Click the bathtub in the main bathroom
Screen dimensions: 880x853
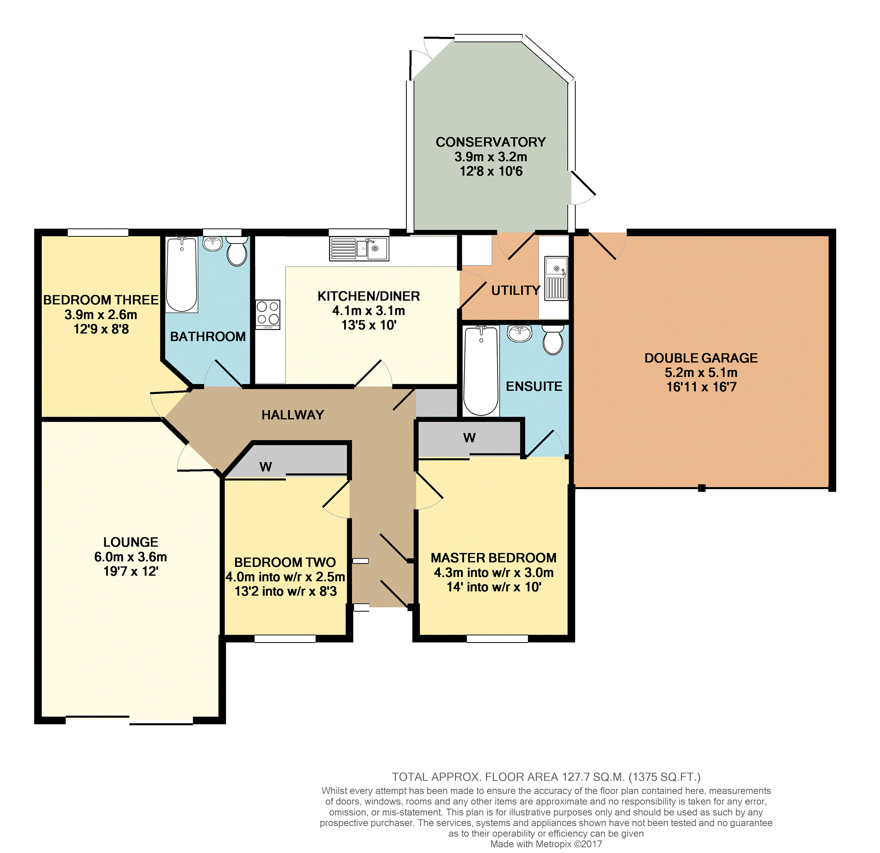click(x=182, y=275)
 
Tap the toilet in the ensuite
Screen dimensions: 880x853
click(x=553, y=340)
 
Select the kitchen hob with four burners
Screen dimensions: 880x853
click(x=268, y=314)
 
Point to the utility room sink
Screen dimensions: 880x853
click(x=556, y=278)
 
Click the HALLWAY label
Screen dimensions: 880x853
click(x=293, y=415)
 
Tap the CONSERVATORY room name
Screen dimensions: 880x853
click(x=491, y=142)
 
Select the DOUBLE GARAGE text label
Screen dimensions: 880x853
click(x=701, y=357)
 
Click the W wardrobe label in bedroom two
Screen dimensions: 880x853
click(x=266, y=466)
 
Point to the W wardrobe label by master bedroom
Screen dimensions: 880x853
click(x=469, y=437)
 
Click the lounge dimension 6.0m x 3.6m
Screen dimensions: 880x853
click(x=131, y=556)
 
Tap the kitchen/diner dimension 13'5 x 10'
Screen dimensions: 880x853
click(x=369, y=325)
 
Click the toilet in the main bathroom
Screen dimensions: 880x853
click(x=236, y=252)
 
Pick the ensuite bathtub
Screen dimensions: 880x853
click(x=481, y=371)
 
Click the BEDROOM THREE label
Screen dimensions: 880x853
click(x=101, y=300)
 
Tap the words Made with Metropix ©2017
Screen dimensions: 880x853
click(x=546, y=843)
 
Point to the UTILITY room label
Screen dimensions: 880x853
click(x=515, y=290)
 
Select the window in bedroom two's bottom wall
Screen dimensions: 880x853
click(x=285, y=638)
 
